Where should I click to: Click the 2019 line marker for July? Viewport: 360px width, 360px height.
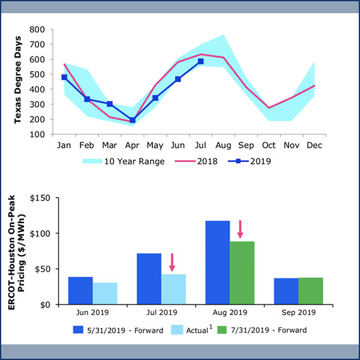200,61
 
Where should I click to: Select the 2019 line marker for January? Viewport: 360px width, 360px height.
64,77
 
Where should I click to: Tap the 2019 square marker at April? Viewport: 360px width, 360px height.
133,120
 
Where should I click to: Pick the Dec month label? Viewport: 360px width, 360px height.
314,145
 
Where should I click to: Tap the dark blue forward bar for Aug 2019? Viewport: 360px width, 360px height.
217,262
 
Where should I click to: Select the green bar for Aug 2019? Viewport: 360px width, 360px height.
242,272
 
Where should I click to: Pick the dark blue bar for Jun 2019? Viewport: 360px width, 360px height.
80,290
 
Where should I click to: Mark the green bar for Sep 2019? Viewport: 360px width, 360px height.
310,291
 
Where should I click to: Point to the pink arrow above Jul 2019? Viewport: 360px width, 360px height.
172,262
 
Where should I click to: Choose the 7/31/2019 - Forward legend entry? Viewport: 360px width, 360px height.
259,329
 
